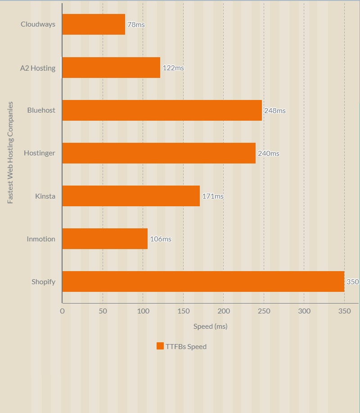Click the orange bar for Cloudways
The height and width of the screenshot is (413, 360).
tap(94, 24)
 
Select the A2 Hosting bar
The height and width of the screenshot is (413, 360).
tap(111, 68)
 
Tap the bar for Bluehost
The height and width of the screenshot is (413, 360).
tap(162, 110)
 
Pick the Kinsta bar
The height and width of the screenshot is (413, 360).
tap(131, 196)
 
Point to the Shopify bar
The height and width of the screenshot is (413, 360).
tap(203, 281)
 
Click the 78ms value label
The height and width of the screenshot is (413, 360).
tap(136, 25)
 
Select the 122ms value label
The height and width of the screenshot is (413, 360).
tap(173, 68)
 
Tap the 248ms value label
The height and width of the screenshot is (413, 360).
tap(274, 111)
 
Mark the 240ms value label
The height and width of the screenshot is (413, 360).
tap(268, 154)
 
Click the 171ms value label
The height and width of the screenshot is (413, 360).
tap(212, 196)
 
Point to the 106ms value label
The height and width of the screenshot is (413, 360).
tap(161, 239)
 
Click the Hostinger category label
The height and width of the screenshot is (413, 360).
tap(40, 153)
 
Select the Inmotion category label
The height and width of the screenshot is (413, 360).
tap(41, 239)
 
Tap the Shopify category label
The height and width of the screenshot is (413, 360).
tap(43, 282)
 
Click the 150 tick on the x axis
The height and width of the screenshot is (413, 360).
tap(183, 311)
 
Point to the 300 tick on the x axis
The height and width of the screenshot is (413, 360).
tap(304, 311)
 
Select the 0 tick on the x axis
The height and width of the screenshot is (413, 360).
tap(62, 311)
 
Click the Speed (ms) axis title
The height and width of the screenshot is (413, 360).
tap(210, 327)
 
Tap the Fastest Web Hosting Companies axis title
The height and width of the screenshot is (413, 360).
tap(10, 153)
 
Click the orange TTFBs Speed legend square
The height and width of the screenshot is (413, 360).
tap(160, 346)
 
